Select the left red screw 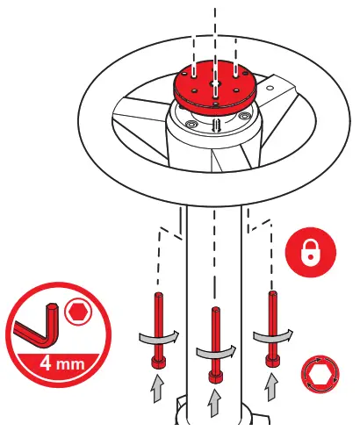pyautogui.click(x=159, y=330)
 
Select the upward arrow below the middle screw pyautogui.click(x=214, y=402)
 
